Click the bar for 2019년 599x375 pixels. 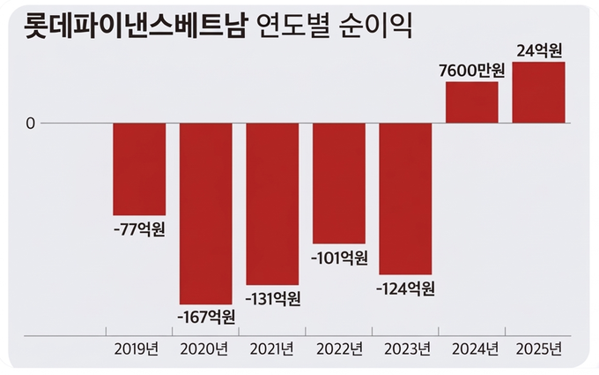click(x=139, y=169)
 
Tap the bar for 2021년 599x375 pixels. click(x=272, y=203)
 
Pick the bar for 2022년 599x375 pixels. click(x=339, y=183)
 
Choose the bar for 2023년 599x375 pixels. click(x=405, y=199)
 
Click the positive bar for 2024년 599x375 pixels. click(x=472, y=102)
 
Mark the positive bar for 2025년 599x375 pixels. click(x=538, y=93)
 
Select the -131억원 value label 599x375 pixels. click(x=272, y=298)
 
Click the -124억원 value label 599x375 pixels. click(x=405, y=289)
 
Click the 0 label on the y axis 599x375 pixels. click(x=30, y=124)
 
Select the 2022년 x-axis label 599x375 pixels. click(x=339, y=349)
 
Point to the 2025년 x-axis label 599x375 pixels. click(x=538, y=349)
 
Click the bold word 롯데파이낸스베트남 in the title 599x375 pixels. click(x=128, y=24)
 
